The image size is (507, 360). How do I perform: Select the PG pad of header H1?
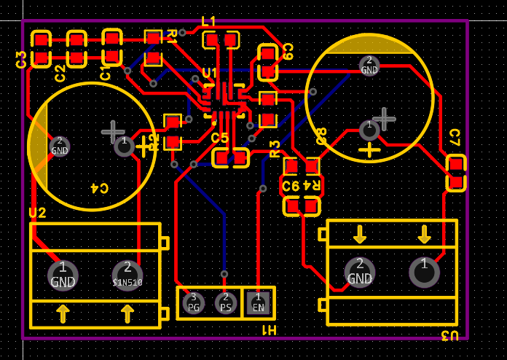(193, 302)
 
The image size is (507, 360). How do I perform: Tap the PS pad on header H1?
(226, 302)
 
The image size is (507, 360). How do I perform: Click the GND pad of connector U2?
(63, 275)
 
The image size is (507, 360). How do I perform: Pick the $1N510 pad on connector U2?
(127, 275)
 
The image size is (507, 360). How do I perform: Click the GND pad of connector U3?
(359, 271)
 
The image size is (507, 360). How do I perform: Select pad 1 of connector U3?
(424, 271)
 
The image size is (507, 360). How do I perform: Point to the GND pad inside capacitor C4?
(60, 146)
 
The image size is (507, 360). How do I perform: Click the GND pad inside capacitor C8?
(369, 66)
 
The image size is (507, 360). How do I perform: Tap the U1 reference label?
(210, 73)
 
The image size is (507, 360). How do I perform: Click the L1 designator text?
(209, 21)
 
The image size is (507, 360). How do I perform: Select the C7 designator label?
(455, 137)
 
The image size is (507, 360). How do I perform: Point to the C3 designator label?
(21, 60)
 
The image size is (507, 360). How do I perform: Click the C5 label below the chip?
(220, 138)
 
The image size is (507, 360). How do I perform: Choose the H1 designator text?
(270, 330)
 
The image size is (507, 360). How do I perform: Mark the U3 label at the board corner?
(450, 335)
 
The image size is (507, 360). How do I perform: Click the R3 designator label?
(275, 149)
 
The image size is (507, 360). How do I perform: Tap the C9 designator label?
(288, 51)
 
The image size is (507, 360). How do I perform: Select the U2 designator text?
(37, 213)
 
